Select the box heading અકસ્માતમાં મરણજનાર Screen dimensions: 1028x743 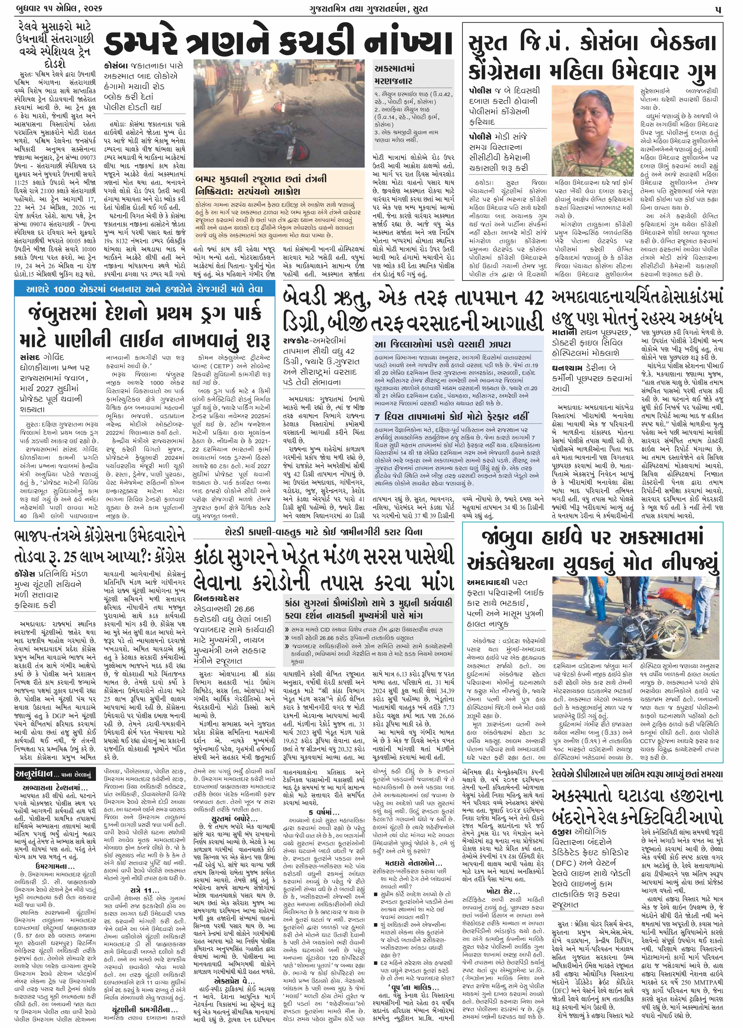(394, 75)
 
